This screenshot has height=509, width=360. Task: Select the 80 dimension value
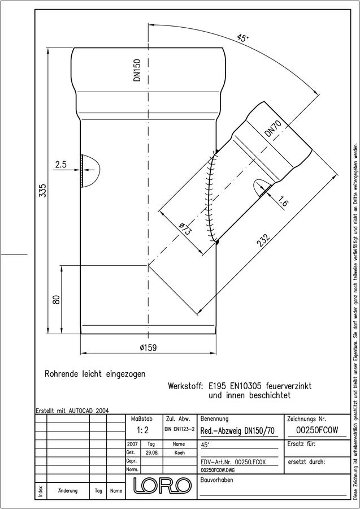coord(57,299)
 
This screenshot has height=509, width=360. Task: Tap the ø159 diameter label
coord(148,348)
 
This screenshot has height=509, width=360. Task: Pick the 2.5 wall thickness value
coord(60,165)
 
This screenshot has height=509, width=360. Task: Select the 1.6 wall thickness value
coord(283,202)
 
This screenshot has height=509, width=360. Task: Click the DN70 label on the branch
coord(272,128)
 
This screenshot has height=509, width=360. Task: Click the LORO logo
coord(162,486)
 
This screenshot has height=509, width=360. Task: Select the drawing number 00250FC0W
coord(317,430)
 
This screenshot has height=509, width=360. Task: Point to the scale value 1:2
coord(143,430)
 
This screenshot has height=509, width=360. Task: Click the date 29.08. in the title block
coord(151,453)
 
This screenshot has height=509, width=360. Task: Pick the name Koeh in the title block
coord(179,453)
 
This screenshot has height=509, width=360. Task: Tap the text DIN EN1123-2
coord(180,429)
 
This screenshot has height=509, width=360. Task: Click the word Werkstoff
coord(185,386)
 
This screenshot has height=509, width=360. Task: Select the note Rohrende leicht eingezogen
coord(95,374)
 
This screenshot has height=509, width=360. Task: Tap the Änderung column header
coord(67,490)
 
